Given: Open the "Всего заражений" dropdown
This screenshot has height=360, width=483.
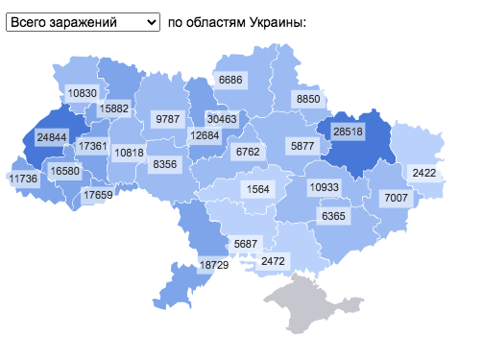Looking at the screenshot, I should coord(83,21).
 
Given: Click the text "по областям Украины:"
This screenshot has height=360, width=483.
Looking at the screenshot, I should coord(236,21).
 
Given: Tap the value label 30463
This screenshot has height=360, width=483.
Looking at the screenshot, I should coord(222,118).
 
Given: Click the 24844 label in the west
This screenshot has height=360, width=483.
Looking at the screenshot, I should coord(52,137).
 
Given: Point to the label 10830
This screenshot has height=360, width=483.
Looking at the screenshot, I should coord(83,93).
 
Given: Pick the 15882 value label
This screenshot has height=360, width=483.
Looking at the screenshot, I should coord(113,108).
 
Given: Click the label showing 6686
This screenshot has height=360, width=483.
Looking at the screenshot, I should coord(230,80).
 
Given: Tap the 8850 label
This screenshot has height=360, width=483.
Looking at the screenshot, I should coord(308,99).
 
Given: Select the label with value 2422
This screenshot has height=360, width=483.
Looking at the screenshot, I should coord(423,173).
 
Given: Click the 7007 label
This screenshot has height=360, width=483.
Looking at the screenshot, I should coord(396,198).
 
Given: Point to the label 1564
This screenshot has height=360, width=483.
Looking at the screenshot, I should coord(258,188).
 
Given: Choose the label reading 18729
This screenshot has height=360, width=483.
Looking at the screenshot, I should coord(212,264).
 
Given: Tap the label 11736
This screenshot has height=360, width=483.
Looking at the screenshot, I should coord(23,179).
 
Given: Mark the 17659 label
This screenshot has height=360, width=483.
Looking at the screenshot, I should coord(97,195).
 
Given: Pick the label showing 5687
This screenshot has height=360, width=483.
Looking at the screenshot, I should coord(246,243).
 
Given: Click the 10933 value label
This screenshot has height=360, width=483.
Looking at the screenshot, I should coord(323,187).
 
